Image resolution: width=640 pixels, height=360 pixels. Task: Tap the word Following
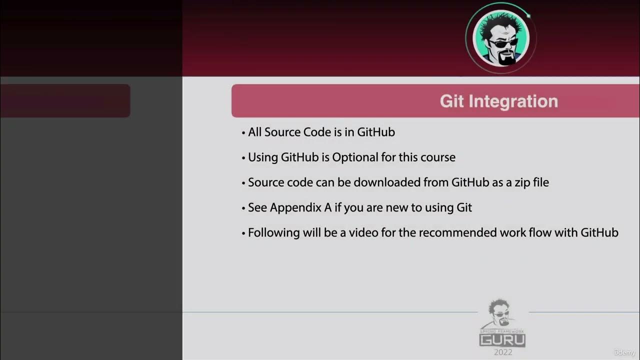click(274, 232)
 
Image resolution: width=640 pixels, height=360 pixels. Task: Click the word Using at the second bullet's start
click(263, 157)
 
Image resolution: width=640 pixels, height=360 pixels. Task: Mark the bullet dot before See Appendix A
click(243, 208)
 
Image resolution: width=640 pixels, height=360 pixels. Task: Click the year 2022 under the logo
click(502, 352)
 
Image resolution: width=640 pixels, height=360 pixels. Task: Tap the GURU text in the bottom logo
click(502, 340)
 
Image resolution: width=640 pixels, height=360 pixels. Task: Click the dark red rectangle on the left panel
click(65, 100)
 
